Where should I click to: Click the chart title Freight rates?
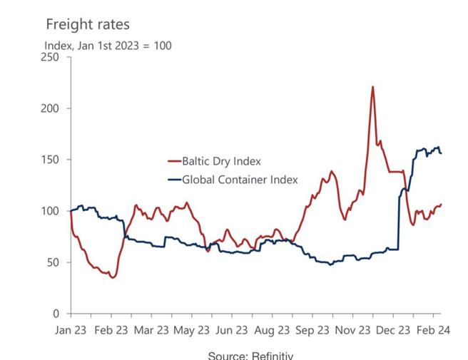tap(88, 24)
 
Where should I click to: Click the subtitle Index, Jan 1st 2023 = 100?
tap(108, 46)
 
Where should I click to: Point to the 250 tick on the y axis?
tap(51, 57)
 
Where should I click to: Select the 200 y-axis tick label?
tap(51, 108)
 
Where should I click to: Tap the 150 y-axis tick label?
tap(51, 160)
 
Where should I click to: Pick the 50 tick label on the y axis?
tap(54, 262)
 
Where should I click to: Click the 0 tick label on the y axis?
tap(57, 314)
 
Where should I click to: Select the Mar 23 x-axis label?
tap(153, 330)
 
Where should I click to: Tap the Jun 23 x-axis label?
tap(234, 330)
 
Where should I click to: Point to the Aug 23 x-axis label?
tap(273, 330)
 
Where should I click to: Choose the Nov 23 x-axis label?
tap(355, 330)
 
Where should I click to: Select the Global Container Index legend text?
tap(240, 180)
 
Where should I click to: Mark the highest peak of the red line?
tap(372, 87)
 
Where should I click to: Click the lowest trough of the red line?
tap(113, 277)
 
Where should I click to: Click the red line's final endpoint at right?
tap(441, 205)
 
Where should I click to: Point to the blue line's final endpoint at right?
tap(441, 153)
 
